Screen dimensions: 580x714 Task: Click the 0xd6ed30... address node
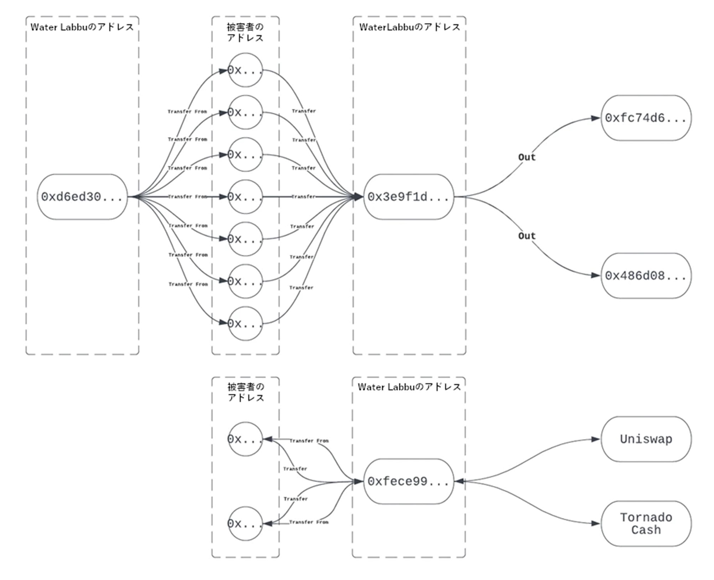(x=82, y=197)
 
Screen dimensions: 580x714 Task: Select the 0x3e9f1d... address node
(x=408, y=197)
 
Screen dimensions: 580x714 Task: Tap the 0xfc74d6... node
(x=646, y=118)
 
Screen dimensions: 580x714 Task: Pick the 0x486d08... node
(x=646, y=276)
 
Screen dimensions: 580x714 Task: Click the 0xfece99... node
(x=408, y=481)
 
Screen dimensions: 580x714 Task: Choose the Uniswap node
(x=646, y=439)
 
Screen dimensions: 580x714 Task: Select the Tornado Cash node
(x=646, y=523)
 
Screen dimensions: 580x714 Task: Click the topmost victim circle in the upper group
(x=245, y=70)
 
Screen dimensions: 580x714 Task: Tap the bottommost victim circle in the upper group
(x=245, y=324)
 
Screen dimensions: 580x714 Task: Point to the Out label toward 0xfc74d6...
(x=527, y=157)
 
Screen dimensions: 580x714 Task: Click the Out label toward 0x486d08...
(x=527, y=236)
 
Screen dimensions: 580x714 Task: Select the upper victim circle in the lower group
(x=245, y=439)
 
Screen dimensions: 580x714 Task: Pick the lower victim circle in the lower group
(x=245, y=523)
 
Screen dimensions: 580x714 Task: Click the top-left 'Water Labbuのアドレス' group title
(x=82, y=27)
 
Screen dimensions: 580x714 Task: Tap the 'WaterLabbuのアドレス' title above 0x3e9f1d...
(x=410, y=27)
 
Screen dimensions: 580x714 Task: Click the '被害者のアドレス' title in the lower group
(x=246, y=392)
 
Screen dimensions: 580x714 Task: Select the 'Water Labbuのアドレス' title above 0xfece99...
(x=409, y=387)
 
